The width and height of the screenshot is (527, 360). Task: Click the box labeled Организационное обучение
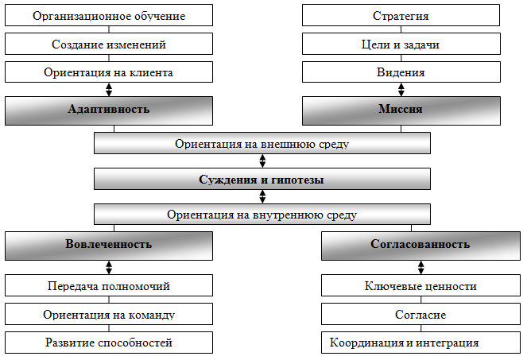click(109, 16)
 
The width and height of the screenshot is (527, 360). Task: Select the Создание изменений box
click(109, 45)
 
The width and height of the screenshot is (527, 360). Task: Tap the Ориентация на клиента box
click(109, 72)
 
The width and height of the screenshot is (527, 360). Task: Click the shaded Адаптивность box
click(109, 110)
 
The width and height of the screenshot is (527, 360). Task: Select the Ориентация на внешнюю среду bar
click(262, 144)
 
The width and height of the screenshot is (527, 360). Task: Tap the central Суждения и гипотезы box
click(262, 180)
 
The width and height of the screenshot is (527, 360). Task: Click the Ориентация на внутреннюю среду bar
click(262, 215)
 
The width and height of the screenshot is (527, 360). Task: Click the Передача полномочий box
click(109, 286)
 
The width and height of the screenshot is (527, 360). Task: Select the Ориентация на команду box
click(109, 315)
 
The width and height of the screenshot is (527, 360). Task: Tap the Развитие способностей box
click(109, 343)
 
